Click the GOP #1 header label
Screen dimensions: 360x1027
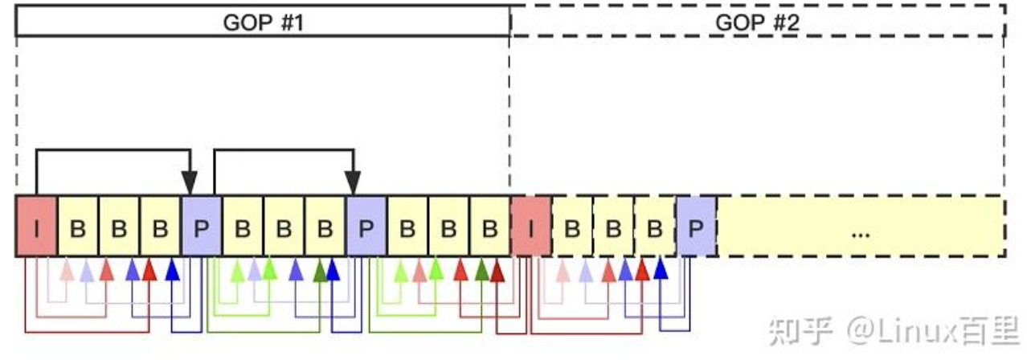point(263,22)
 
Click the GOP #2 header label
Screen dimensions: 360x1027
point(757,22)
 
